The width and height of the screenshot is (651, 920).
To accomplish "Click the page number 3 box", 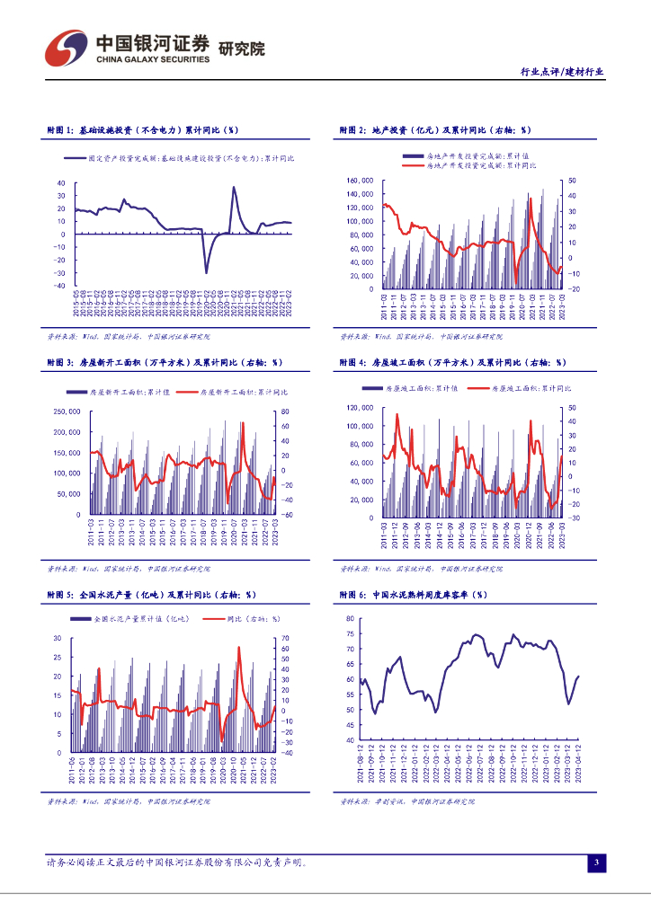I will [595, 863].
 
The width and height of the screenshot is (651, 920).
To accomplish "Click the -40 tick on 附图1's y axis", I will [60, 285].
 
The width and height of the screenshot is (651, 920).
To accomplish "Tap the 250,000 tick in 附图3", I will [67, 411].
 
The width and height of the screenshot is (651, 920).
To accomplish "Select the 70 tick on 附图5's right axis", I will [285, 638].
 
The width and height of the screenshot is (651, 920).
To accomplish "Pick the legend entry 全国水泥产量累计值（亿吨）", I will [133, 619].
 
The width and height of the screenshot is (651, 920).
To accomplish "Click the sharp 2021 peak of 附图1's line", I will [234, 188].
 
